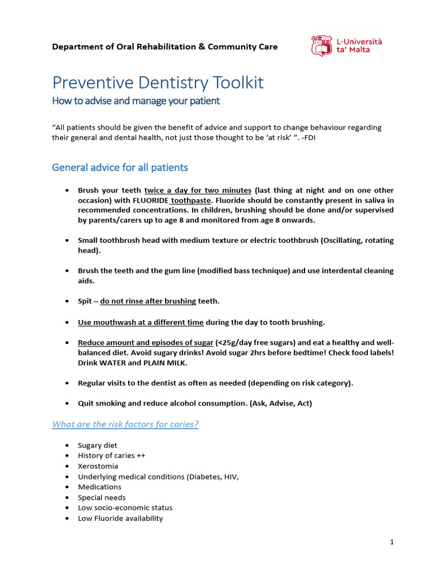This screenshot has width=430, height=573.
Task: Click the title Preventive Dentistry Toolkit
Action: (x=158, y=83)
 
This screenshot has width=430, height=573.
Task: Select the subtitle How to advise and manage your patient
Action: (x=135, y=101)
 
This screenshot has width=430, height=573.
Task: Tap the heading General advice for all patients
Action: (x=120, y=167)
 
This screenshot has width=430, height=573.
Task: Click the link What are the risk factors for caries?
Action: (x=125, y=424)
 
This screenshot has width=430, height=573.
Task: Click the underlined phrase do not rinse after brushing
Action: (x=148, y=301)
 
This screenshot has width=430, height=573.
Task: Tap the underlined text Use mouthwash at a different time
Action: (x=141, y=322)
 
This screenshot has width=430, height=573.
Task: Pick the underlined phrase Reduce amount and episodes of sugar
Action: (x=146, y=342)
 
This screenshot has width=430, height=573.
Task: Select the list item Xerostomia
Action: (x=98, y=466)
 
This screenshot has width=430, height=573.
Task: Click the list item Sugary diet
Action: (x=97, y=445)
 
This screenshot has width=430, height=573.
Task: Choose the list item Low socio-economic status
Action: (x=125, y=508)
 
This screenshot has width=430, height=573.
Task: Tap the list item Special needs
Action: (x=101, y=497)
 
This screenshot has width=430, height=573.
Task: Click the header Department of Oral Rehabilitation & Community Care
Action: (x=165, y=46)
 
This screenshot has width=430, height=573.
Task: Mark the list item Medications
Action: (x=100, y=487)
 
